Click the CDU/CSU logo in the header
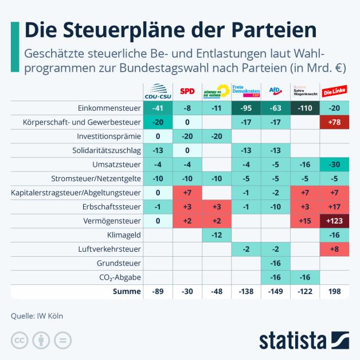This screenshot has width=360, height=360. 158,91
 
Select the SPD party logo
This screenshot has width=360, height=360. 187,91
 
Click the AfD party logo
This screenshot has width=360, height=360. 275,91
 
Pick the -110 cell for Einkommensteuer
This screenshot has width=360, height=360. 304,108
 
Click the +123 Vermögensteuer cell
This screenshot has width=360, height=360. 334,220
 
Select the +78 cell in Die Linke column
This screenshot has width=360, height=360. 334,122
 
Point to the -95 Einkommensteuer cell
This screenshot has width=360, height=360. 246,108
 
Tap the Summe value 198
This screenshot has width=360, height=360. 334,291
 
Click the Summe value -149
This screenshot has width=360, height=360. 275,291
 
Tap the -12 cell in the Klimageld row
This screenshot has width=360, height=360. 217,234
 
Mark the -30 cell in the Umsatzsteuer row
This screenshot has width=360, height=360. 334,164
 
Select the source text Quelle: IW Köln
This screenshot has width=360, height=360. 37,315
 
